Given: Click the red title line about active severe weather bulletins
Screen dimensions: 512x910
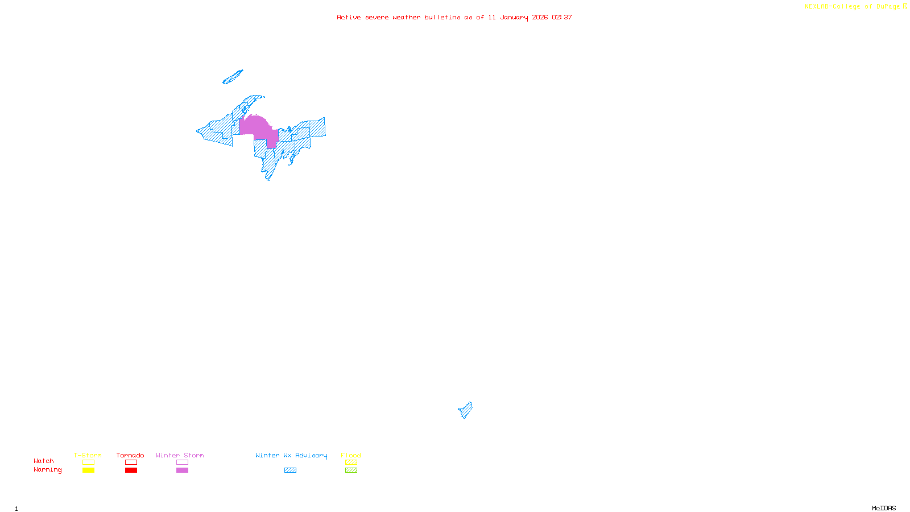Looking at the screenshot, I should click(x=454, y=17).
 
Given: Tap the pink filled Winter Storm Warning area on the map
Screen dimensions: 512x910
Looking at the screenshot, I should click(x=256, y=126).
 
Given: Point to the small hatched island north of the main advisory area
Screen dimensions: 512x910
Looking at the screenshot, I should click(x=233, y=77).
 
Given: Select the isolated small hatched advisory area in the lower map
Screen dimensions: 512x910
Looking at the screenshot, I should click(x=466, y=410).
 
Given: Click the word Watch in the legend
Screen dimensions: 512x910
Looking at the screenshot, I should click(x=43, y=461).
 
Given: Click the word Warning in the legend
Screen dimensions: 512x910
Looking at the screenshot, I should click(x=47, y=470).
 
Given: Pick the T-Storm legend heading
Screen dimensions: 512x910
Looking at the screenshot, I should click(x=88, y=455).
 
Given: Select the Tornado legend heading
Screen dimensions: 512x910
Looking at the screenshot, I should click(x=130, y=455).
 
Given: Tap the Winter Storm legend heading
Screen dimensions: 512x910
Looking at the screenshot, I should click(x=180, y=455).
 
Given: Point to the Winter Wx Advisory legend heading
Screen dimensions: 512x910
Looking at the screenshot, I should click(x=291, y=455).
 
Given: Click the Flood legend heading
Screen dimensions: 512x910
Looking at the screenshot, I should click(x=351, y=455).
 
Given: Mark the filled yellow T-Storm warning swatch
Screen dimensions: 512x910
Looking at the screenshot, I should click(x=88, y=470).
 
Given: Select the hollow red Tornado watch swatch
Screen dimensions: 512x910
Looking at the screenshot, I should click(x=131, y=463).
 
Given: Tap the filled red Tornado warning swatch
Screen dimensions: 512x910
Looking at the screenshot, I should click(x=131, y=470).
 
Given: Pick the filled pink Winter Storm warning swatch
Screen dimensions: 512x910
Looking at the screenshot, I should click(x=182, y=470).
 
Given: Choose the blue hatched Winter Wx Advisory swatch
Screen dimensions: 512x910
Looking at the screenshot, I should click(x=290, y=470).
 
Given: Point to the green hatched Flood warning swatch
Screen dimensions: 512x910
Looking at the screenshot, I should click(x=351, y=470).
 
